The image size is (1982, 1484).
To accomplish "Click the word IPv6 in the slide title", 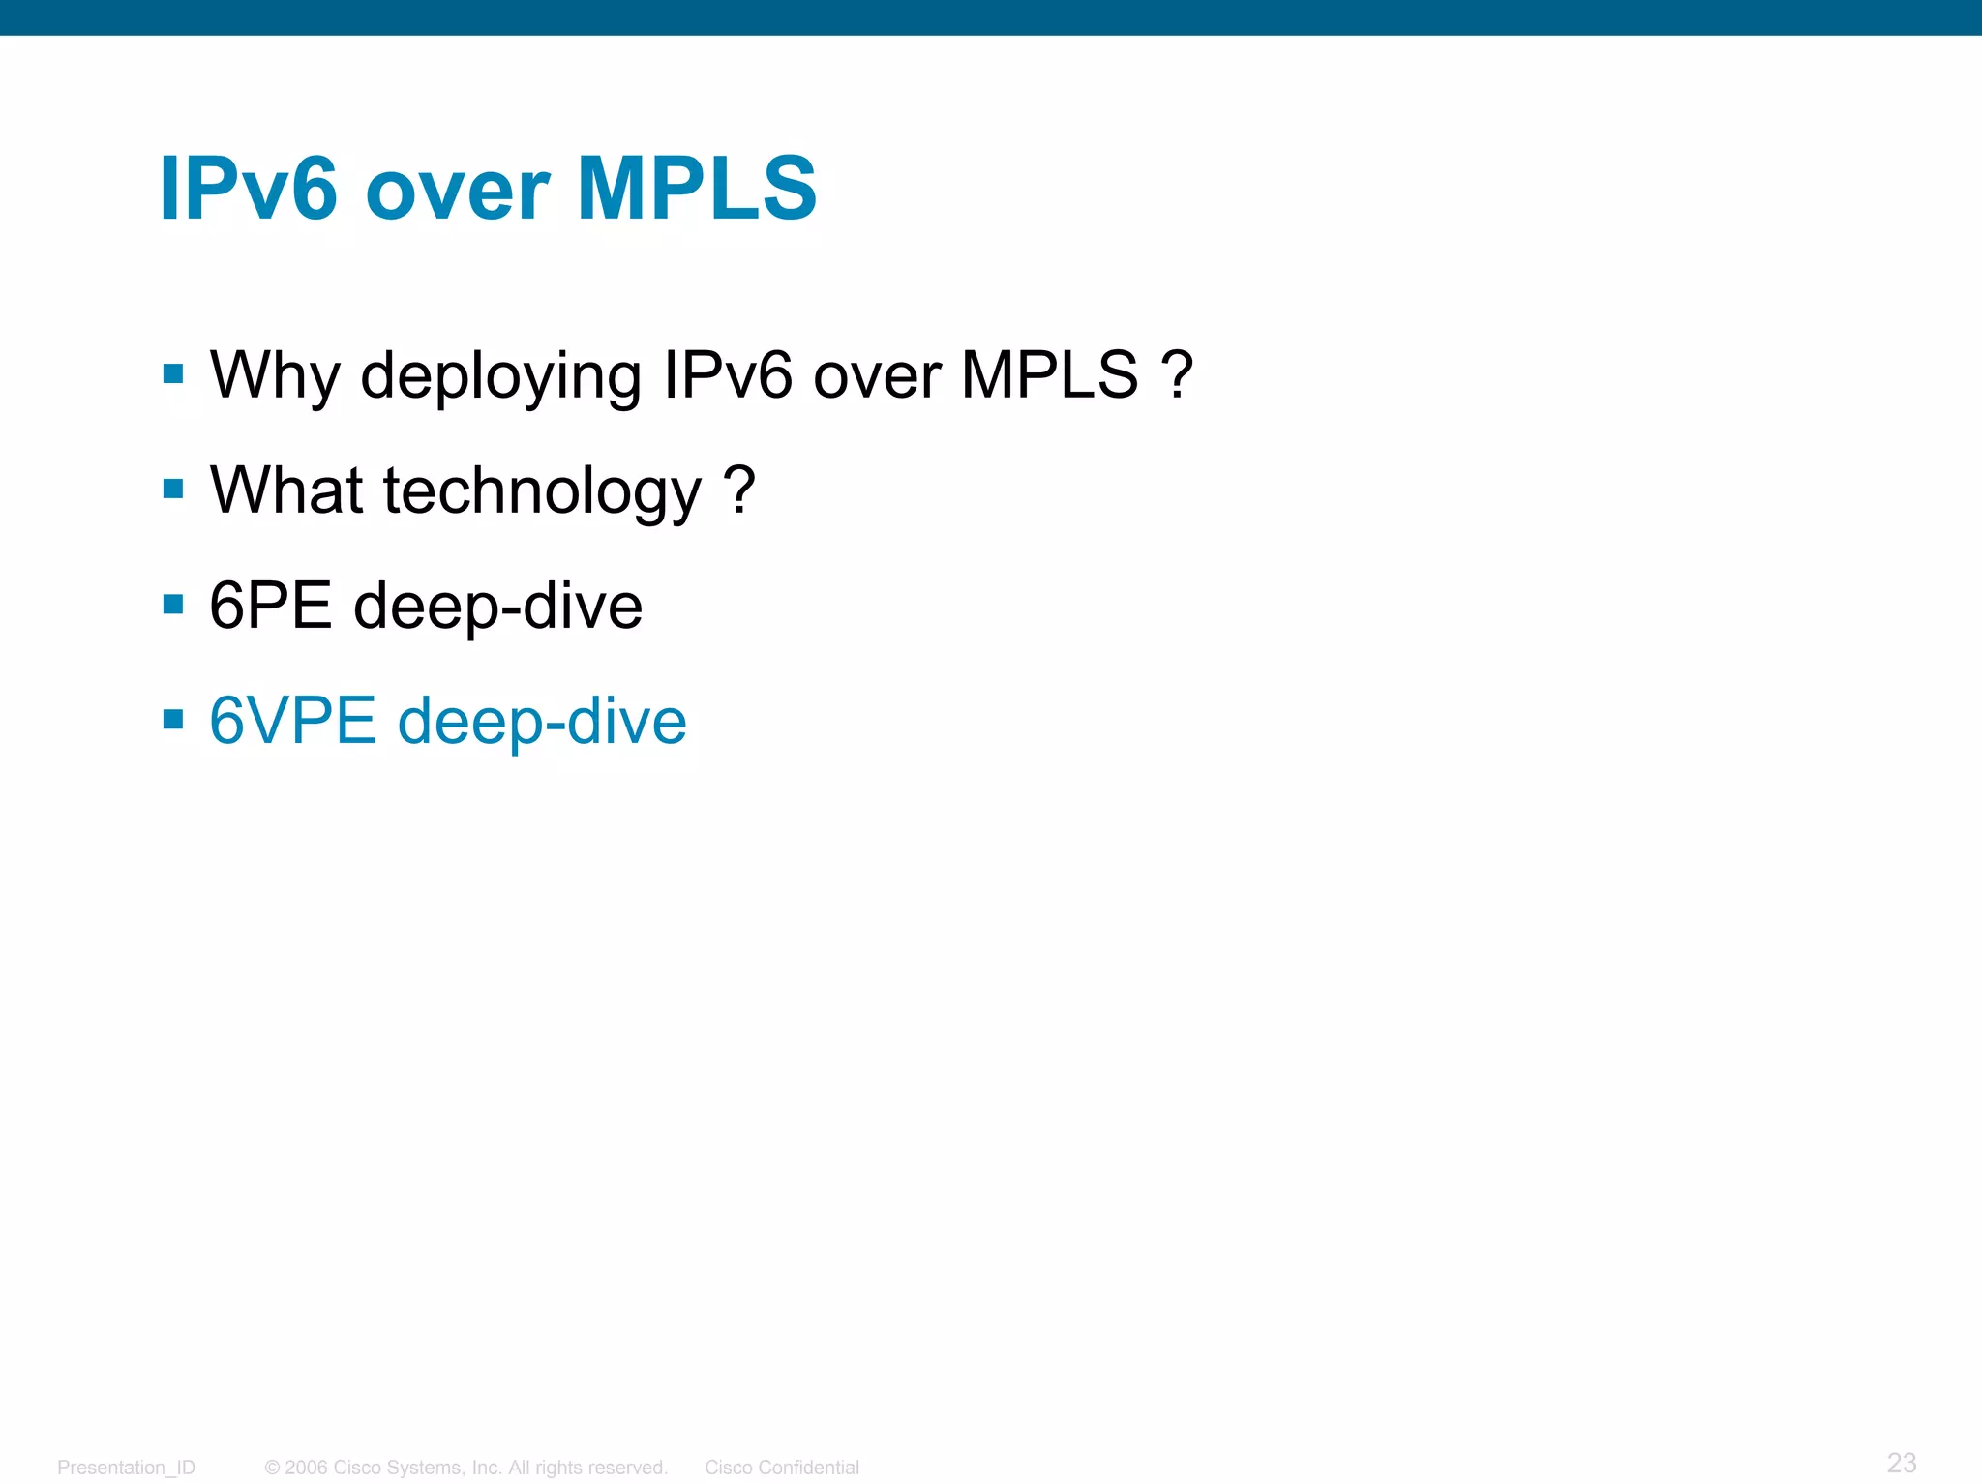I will [249, 189].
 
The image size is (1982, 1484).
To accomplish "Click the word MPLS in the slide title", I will [697, 189].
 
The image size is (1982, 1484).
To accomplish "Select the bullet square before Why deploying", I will [173, 374].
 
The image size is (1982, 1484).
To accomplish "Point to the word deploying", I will [500, 378].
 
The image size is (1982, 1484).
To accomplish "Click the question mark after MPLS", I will [1176, 374].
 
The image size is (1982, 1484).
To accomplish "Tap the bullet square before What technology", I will [173, 490].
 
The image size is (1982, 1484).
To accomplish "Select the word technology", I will [542, 492].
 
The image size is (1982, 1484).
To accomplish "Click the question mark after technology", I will [738, 490].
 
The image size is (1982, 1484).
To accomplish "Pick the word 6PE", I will [270, 606].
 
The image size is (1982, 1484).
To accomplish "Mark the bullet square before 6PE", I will [173, 606].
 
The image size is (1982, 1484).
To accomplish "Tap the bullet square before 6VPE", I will [173, 720].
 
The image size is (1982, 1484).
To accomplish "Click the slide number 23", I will [1901, 1462].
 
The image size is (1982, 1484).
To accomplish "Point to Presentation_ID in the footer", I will [126, 1468].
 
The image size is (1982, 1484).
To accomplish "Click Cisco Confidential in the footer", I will [781, 1468].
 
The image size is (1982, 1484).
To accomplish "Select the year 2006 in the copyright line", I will [306, 1468].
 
